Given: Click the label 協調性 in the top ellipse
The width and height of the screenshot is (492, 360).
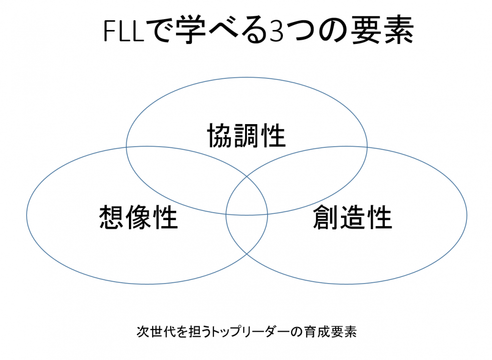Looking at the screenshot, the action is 246,136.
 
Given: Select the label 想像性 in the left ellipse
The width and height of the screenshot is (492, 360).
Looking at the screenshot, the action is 138,217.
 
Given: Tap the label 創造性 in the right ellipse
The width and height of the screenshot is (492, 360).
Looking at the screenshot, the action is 352,217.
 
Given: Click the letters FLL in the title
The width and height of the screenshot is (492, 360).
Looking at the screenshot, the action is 123,31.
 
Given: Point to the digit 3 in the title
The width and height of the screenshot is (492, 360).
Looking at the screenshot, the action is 277,32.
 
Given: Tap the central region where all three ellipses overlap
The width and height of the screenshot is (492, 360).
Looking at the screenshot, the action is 246,201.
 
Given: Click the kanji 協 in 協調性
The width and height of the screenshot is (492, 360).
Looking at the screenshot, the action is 220,136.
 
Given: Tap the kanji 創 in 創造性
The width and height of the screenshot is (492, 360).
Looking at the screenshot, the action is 326,217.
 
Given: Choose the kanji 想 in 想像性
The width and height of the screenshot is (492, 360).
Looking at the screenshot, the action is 112,217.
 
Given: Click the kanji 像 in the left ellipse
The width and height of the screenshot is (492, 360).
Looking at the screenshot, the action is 138,217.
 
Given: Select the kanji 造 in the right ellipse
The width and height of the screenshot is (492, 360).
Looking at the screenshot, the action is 352,217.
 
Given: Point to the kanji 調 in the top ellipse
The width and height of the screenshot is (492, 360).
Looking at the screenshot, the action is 246,136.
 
